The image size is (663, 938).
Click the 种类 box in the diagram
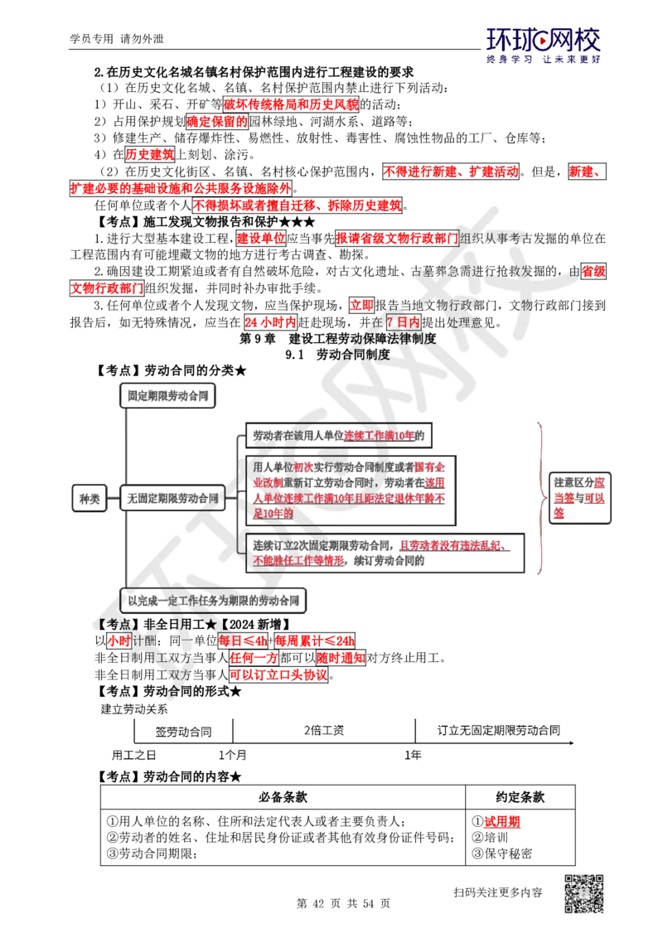point(87,499)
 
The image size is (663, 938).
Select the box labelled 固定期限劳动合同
point(168,396)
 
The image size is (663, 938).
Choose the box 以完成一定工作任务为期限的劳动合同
point(215,600)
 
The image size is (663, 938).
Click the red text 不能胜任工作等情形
point(298,560)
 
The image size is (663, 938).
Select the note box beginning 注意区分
point(580,498)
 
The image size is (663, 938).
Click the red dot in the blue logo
point(544,38)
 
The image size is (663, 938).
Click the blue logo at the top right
point(543,46)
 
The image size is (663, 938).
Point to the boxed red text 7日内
point(403,322)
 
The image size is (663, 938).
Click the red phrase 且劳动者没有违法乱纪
point(452,545)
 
